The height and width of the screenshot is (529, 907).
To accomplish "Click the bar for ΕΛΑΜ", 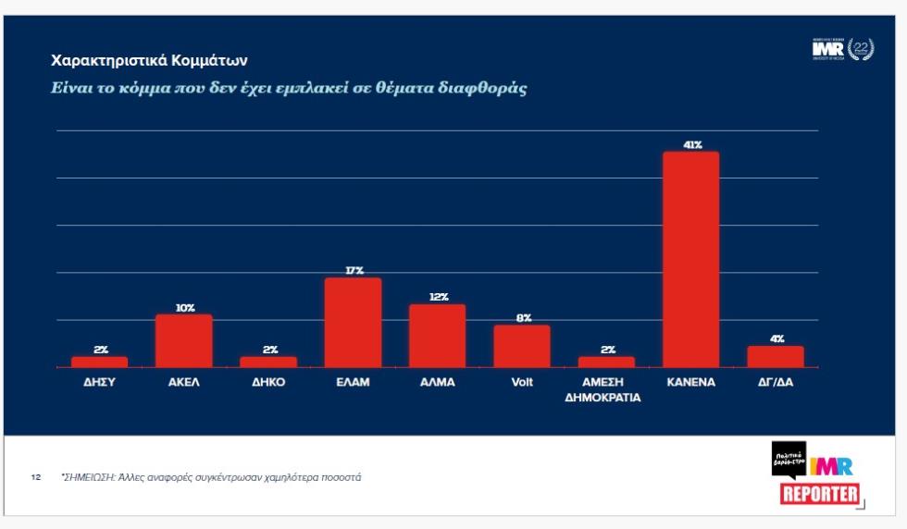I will point(353,322).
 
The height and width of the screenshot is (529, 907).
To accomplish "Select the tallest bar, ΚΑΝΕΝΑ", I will point(690,259).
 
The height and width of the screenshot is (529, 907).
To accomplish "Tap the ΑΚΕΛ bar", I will point(183,340).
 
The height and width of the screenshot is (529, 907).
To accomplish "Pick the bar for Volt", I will point(521,346).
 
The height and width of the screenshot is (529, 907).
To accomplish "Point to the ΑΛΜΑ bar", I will point(437,336).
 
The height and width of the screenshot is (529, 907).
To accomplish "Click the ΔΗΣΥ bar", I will point(99,362).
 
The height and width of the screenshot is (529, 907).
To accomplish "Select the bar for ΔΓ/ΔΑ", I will point(775,356).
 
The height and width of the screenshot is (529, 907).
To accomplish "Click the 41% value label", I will point(691,145).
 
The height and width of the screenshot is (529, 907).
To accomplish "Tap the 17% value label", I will point(353,271).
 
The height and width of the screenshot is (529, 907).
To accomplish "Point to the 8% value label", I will point(522,318).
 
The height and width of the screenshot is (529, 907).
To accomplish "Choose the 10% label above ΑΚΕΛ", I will point(184,308).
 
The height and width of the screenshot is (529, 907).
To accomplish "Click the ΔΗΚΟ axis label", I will point(268,382).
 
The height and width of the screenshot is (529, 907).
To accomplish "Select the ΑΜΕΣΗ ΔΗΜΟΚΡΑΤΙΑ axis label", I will point(606,389).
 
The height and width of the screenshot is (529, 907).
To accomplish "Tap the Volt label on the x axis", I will point(522,382).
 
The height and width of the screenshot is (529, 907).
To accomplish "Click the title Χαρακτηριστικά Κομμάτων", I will point(149,61).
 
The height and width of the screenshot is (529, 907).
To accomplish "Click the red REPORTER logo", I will point(820,494).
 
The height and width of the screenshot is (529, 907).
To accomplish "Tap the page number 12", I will point(36,478).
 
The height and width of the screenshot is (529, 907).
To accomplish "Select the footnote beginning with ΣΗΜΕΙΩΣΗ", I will point(211,478).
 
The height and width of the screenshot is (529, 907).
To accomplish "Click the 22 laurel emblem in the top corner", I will point(860,50).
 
